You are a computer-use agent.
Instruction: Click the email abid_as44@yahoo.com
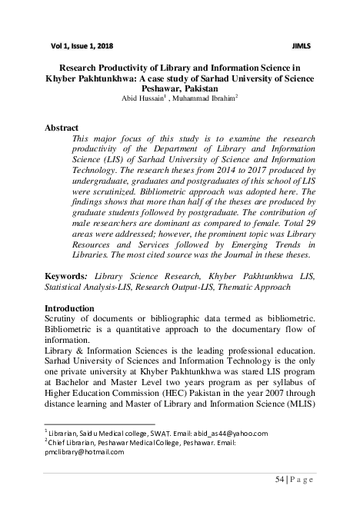229,434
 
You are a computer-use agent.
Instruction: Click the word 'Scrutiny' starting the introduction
64,320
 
